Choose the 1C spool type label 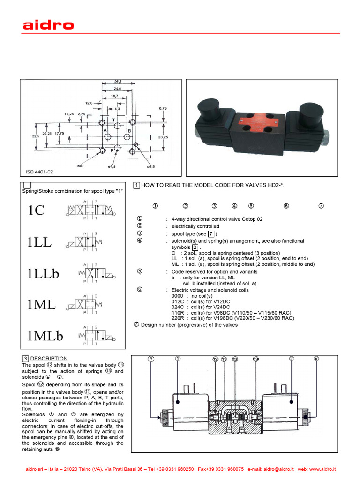pyautogui.click(x=36, y=211)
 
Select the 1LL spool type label pyautogui.click(x=39, y=242)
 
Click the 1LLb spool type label pyautogui.click(x=43, y=273)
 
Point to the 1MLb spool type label pyautogui.click(x=45, y=336)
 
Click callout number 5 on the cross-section pyautogui.click(x=151, y=359)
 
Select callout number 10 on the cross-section pyautogui.click(x=316, y=359)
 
